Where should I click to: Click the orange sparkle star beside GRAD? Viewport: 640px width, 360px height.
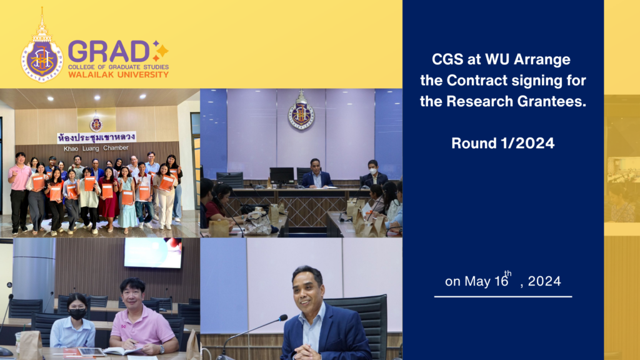point(160,50)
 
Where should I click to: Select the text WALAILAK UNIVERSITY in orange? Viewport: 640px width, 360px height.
point(118,74)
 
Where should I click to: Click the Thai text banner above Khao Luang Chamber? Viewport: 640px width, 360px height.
point(96,137)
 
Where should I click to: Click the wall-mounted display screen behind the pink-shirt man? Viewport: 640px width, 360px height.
point(152,252)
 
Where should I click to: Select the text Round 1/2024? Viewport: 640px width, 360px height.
point(503,143)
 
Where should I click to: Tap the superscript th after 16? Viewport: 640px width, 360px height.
point(507,274)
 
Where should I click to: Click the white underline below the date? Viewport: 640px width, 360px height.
point(503,296)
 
